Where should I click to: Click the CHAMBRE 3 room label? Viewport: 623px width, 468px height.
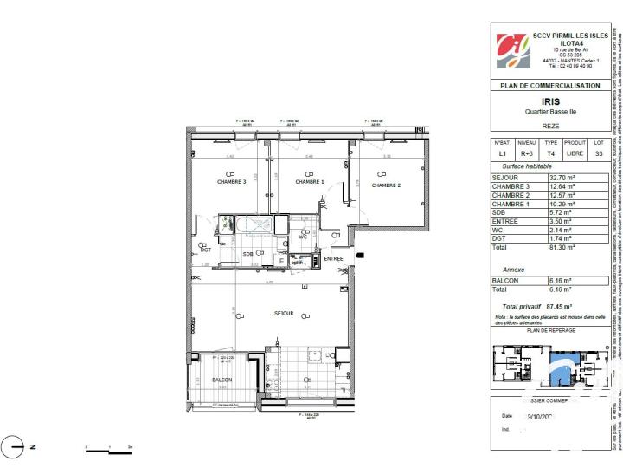point(208,182)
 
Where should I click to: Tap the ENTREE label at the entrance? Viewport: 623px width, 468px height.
point(309,258)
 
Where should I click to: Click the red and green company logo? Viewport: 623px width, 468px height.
point(510,49)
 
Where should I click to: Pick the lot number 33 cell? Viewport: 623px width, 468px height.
point(598,153)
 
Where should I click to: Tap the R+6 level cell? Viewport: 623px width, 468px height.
point(526,153)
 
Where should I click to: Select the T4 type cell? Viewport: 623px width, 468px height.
point(550,153)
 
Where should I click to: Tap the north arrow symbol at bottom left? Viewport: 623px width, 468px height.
point(12,447)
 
